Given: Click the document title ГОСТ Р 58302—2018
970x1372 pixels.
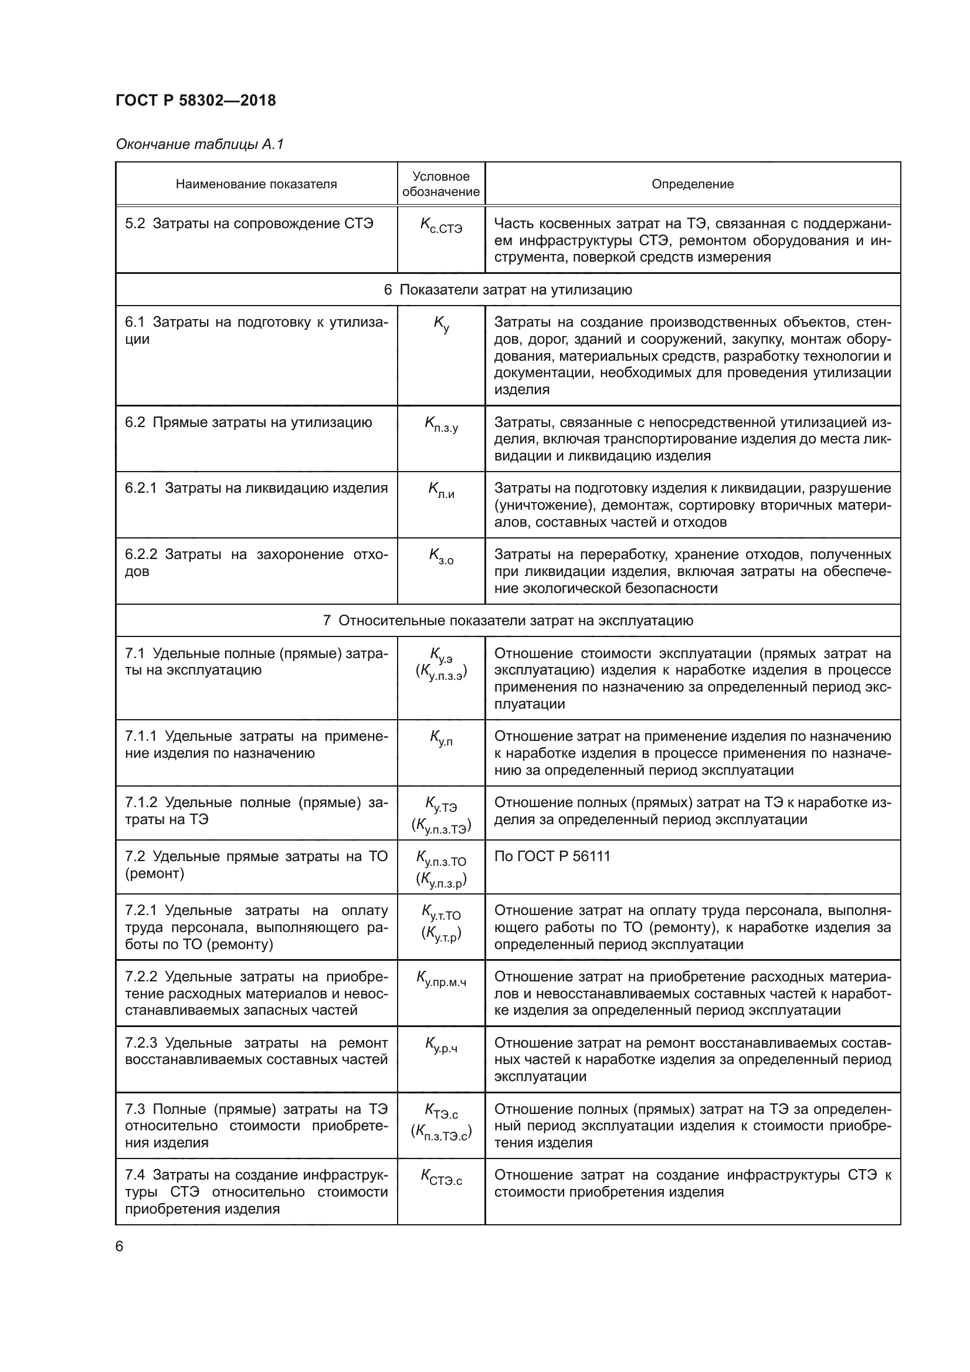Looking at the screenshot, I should (x=195, y=100).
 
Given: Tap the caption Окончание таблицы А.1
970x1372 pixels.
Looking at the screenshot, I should (x=199, y=144).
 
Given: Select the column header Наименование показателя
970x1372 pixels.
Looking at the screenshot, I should (x=256, y=184).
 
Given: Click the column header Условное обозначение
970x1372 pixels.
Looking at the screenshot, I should (x=441, y=184).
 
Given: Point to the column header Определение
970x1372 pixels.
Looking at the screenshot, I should (x=692, y=184).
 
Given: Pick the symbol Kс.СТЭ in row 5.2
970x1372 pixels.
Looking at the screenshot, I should (x=441, y=226).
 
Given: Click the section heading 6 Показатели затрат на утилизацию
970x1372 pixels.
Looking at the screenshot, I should (x=508, y=290).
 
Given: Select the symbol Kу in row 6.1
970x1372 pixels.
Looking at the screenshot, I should (x=441, y=324).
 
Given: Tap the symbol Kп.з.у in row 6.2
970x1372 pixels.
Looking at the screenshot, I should (x=441, y=425).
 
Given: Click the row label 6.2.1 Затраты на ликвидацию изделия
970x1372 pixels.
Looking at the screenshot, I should (x=256, y=488).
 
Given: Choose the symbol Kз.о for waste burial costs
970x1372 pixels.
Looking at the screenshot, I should (x=441, y=557).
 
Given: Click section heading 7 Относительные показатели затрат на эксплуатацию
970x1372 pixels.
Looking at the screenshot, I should (x=508, y=620).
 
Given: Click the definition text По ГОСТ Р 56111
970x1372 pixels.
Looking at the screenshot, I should (x=552, y=856).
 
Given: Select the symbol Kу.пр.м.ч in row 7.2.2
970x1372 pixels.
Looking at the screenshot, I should (x=441, y=979).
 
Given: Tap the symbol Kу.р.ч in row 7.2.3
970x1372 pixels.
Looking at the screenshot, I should (x=441, y=1045).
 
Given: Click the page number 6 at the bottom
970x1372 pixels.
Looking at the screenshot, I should (x=120, y=1246).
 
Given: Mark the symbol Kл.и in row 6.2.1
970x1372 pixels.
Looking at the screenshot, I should (x=441, y=490).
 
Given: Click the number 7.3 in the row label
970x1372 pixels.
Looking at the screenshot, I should (x=135, y=1109).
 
